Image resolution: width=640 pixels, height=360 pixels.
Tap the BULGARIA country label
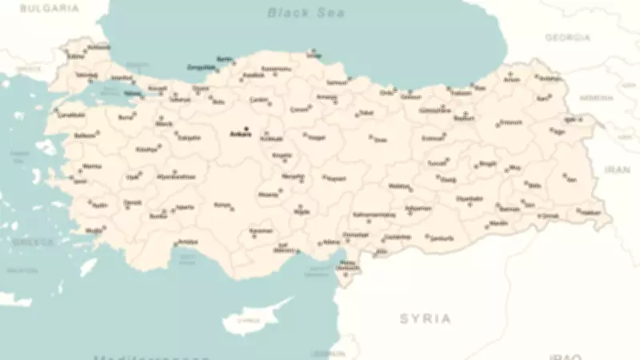click(x=50, y=8)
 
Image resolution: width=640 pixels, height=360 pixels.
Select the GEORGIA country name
click(x=567, y=38)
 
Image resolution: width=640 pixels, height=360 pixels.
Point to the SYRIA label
click(x=425, y=318)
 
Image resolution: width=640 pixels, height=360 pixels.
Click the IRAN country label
click(x=617, y=170)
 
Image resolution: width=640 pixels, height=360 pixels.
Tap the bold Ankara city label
click(x=240, y=134)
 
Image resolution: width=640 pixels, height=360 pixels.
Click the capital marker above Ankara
click(x=246, y=128)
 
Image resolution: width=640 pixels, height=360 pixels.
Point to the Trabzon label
click(x=461, y=92)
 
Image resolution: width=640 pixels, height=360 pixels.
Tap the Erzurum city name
click(x=510, y=122)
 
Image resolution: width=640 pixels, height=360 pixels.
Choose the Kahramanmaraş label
click(x=374, y=214)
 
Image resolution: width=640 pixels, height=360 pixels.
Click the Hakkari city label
click(x=590, y=213)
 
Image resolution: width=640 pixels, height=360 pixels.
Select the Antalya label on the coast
click(x=187, y=241)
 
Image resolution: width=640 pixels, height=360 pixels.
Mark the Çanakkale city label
click(x=70, y=115)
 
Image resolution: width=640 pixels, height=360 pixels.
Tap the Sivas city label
click(x=380, y=139)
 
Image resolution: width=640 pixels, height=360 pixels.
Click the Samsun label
click(x=337, y=82)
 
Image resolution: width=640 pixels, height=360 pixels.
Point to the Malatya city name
click(x=399, y=186)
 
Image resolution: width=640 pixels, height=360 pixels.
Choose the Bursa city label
click(x=126, y=117)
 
